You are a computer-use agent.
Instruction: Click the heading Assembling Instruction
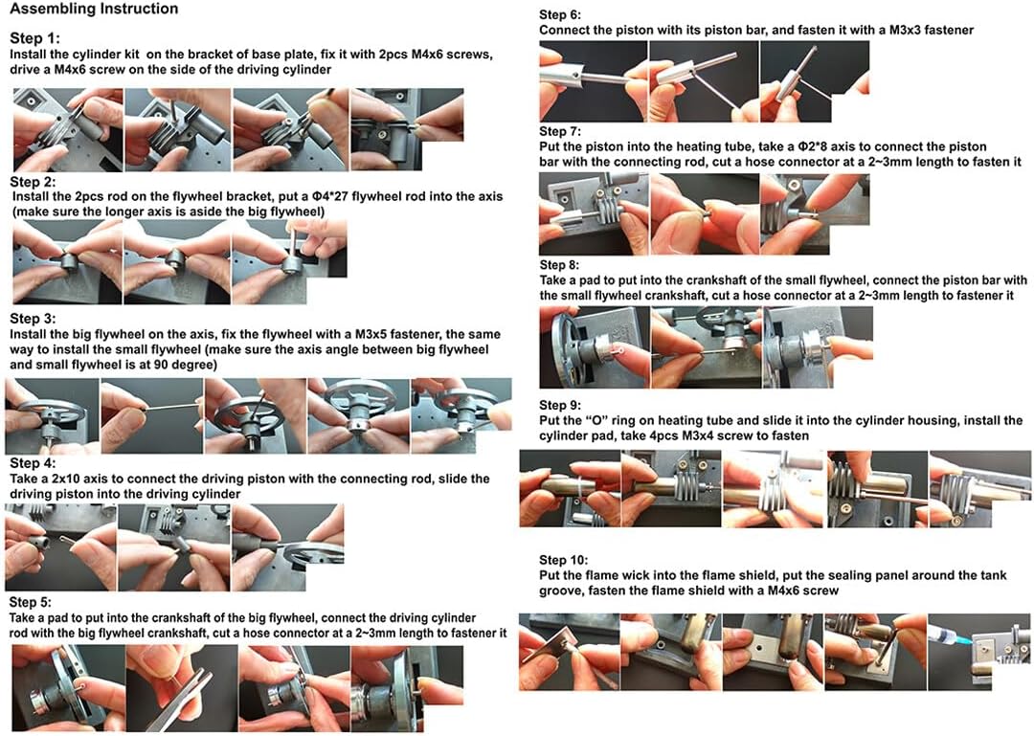tap(94, 10)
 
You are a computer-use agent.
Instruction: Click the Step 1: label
tap(35, 38)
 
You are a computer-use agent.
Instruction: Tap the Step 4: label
tap(33, 463)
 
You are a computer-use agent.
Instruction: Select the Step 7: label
tap(560, 131)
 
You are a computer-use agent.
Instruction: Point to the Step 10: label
tap(563, 560)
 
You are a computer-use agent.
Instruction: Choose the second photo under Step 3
tap(151, 415)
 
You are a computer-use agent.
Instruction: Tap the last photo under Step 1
tap(407, 128)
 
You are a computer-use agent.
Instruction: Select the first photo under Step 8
tap(594, 346)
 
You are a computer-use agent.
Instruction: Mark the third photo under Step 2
tap(289, 261)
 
